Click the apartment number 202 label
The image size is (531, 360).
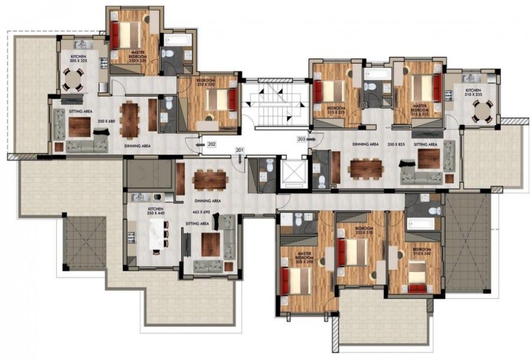(x=211, y=143)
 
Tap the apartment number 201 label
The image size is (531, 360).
(x=240, y=150)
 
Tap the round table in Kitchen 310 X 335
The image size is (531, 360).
(x=483, y=110)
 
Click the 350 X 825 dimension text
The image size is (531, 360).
(x=395, y=144)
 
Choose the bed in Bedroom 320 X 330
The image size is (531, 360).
(x=221, y=100)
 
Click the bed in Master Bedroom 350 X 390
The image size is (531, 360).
(x=297, y=281)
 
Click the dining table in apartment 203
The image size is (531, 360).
(x=366, y=169)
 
